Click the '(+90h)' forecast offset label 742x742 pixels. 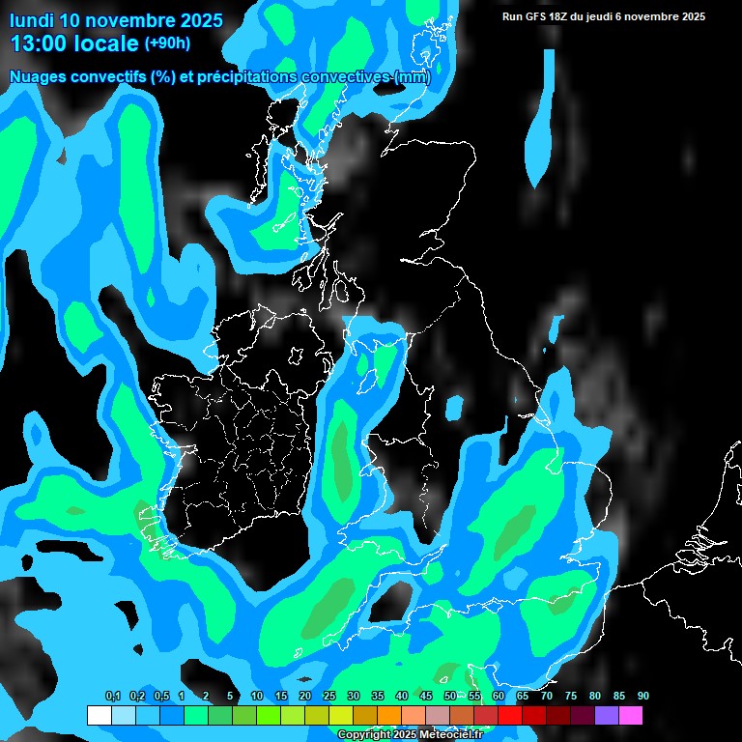point(167,43)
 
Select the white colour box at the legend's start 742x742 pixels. point(99,715)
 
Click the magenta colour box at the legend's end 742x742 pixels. point(630,715)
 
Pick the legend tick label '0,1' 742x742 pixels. point(112,697)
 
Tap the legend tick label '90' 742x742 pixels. point(642,697)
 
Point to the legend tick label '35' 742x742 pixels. point(378,697)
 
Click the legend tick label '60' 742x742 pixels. point(499,697)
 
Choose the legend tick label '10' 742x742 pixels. point(257,697)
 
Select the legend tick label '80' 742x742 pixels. point(595,697)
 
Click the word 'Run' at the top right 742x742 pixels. point(512,16)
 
